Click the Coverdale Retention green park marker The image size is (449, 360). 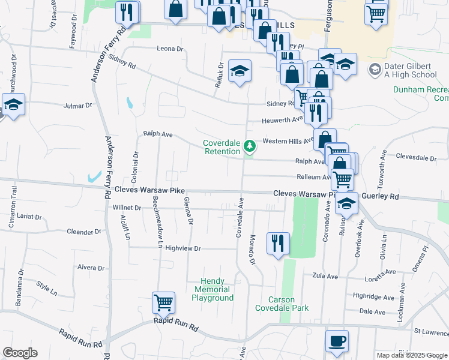[246, 148]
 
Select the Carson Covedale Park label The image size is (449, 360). [282, 304]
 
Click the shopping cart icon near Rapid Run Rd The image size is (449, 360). [163, 303]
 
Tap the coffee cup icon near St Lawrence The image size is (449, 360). [337, 341]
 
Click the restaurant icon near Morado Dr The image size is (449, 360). [278, 243]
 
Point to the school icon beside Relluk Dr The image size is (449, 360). [240, 71]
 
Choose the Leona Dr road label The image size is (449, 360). [169, 49]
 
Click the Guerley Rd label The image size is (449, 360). [386, 196]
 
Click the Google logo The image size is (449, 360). [20, 353]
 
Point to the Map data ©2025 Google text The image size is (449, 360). [411, 355]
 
